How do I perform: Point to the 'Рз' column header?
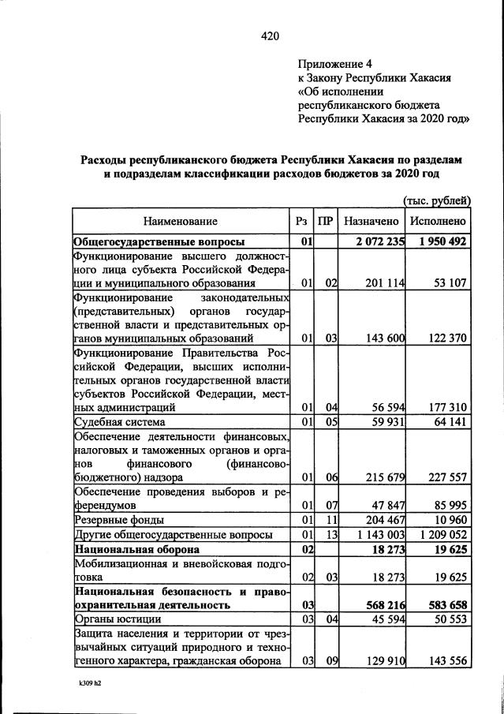pos(301,222)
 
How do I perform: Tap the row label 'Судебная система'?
pos(118,423)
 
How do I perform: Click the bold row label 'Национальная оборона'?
pos(135,549)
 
